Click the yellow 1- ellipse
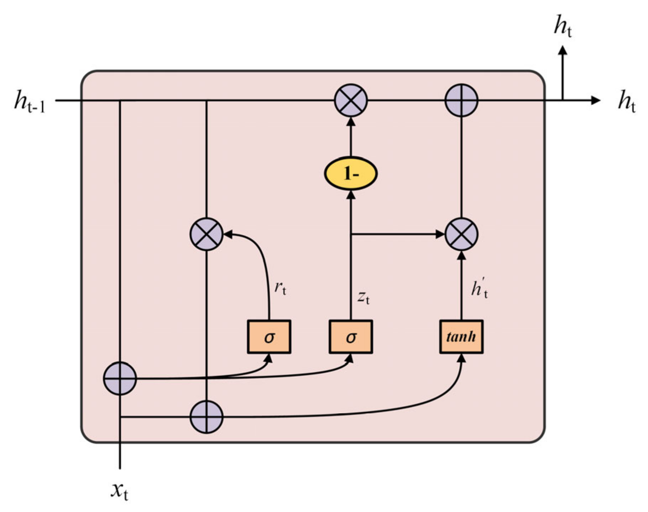(351, 173)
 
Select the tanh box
(461, 336)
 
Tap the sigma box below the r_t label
(269, 336)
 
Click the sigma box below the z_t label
(351, 336)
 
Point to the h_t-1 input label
(30, 101)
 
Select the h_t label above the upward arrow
(563, 27)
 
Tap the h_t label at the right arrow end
(627, 101)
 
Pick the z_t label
(364, 297)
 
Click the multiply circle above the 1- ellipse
(351, 100)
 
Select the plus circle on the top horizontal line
(461, 100)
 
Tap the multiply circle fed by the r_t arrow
(207, 234)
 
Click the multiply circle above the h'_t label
(461, 234)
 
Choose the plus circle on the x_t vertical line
(120, 378)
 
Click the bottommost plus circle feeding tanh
(207, 417)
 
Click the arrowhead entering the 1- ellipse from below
(351, 195)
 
